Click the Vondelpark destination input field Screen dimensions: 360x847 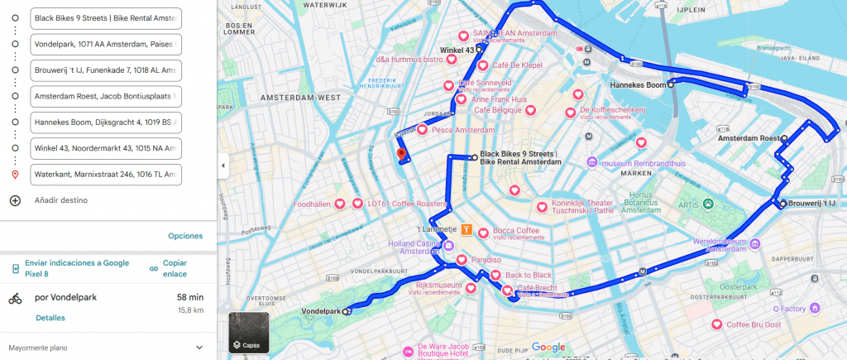(105, 44)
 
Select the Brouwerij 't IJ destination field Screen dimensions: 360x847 (105, 70)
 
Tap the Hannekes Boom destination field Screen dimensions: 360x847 (105, 122)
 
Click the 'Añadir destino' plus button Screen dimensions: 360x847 (15, 200)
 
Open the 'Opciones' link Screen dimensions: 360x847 (185, 236)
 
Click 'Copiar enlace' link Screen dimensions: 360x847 (175, 268)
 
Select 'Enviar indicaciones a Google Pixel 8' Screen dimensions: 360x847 (76, 268)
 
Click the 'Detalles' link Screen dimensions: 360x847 (50, 318)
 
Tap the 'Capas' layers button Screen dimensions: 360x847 (248, 333)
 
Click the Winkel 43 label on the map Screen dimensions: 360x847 (457, 50)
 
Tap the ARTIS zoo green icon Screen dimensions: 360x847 (709, 203)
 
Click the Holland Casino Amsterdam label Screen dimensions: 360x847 (416, 247)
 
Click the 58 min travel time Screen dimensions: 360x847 (189, 297)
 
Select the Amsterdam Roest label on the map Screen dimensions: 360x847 (748, 139)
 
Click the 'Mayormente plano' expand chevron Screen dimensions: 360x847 (199, 348)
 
